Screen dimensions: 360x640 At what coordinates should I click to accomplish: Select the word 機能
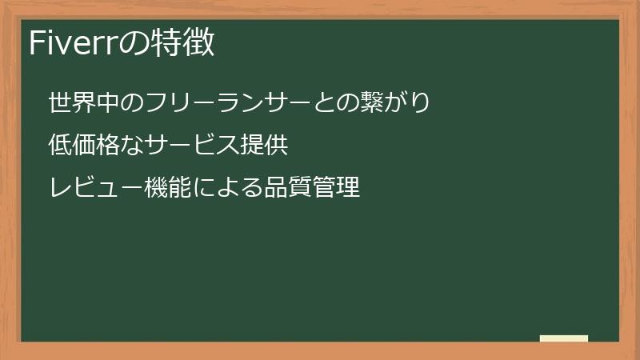167,188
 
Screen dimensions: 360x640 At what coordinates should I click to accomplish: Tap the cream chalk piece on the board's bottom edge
564,339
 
